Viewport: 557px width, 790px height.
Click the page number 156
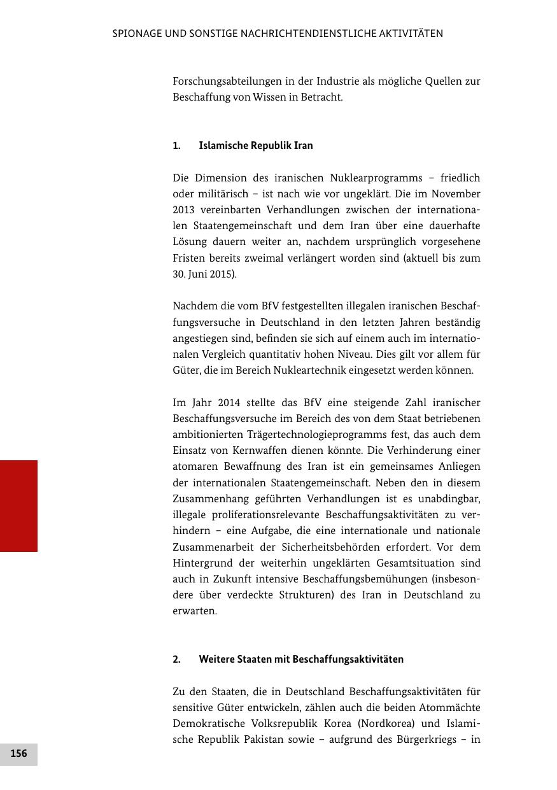pos(18,754)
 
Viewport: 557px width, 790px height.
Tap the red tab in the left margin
pos(18,505)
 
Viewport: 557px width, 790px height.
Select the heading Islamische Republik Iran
pos(255,145)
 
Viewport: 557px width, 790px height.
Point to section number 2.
pos(176,659)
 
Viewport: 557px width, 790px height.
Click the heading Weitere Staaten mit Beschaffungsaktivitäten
pos(301,659)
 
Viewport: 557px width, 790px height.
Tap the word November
pos(455,194)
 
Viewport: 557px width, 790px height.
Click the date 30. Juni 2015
pos(204,274)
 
